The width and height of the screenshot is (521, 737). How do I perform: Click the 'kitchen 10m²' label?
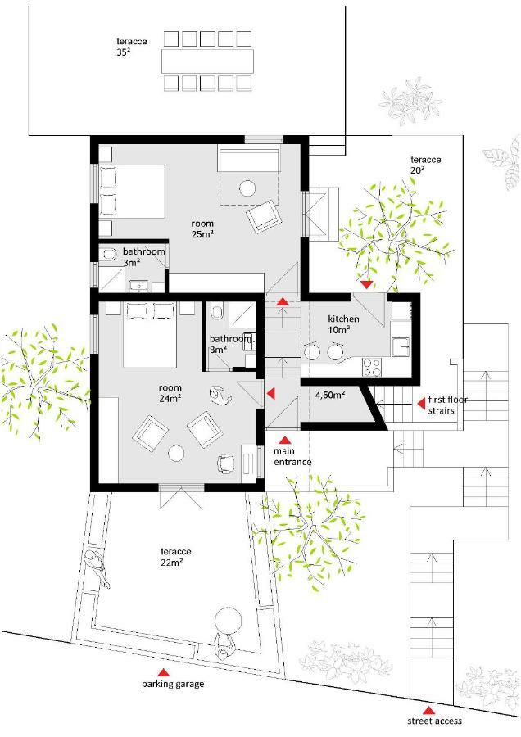pyautogui.click(x=343, y=324)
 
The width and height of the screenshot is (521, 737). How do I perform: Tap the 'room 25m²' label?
pyautogui.click(x=202, y=229)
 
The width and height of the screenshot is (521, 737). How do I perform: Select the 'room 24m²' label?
pyautogui.click(x=170, y=393)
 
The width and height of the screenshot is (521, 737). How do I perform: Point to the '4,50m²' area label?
pyautogui.click(x=330, y=395)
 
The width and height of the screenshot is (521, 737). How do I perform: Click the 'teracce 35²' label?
pyautogui.click(x=132, y=47)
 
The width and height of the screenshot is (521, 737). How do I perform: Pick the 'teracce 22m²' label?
pyautogui.click(x=176, y=557)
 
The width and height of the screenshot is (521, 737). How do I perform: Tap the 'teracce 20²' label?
pyautogui.click(x=425, y=165)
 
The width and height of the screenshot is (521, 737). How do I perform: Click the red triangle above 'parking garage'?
pyautogui.click(x=163, y=672)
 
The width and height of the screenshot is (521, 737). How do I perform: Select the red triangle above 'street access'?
pyautogui.click(x=428, y=711)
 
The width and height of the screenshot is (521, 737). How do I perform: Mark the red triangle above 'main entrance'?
pyautogui.click(x=284, y=441)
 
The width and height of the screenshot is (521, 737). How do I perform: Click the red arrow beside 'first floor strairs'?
pyautogui.click(x=422, y=403)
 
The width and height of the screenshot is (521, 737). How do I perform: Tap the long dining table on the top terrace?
pyautogui.click(x=207, y=61)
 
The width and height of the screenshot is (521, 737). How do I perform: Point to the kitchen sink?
pyautogui.click(x=401, y=347)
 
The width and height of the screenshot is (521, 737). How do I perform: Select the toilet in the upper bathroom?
pyautogui.click(x=109, y=254)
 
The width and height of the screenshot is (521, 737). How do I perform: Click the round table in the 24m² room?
pyautogui.click(x=177, y=453)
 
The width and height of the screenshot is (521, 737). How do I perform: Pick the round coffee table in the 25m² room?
pyautogui.click(x=247, y=188)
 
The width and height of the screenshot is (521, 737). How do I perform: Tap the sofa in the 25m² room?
pyautogui.click(x=248, y=160)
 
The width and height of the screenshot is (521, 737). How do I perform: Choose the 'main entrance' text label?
pyautogui.click(x=292, y=456)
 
